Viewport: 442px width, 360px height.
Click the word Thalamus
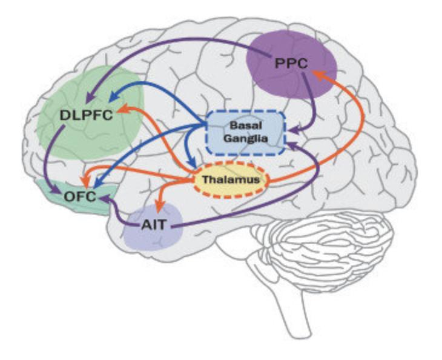(231, 180)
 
